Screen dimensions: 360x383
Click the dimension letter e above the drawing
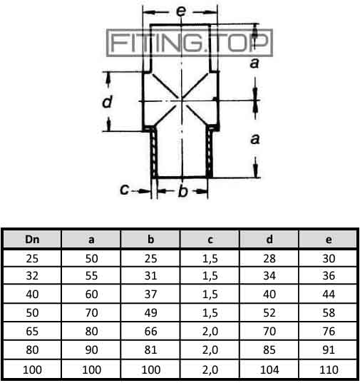point(181,11)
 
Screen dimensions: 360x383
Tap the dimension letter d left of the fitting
point(108,101)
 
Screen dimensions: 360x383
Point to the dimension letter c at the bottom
point(125,189)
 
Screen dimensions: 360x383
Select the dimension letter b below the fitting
point(183,190)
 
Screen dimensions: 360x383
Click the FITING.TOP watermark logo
point(190,43)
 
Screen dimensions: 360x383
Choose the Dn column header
point(32,240)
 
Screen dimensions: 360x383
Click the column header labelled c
point(210,240)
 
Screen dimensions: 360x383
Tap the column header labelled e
point(329,240)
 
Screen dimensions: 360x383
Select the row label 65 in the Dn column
point(32,331)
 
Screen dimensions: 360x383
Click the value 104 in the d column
point(269,369)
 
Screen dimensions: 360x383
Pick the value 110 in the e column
point(329,369)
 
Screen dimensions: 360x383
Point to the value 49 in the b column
point(151,312)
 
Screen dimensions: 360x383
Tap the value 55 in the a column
point(91,276)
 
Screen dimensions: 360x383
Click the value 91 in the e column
point(329,349)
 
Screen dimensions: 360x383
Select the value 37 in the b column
point(151,294)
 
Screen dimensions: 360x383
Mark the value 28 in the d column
point(269,258)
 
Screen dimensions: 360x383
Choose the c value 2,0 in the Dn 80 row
point(210,350)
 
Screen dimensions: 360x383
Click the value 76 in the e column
point(329,331)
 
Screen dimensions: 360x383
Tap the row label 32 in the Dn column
point(32,276)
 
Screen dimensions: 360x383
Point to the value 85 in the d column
point(269,349)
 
